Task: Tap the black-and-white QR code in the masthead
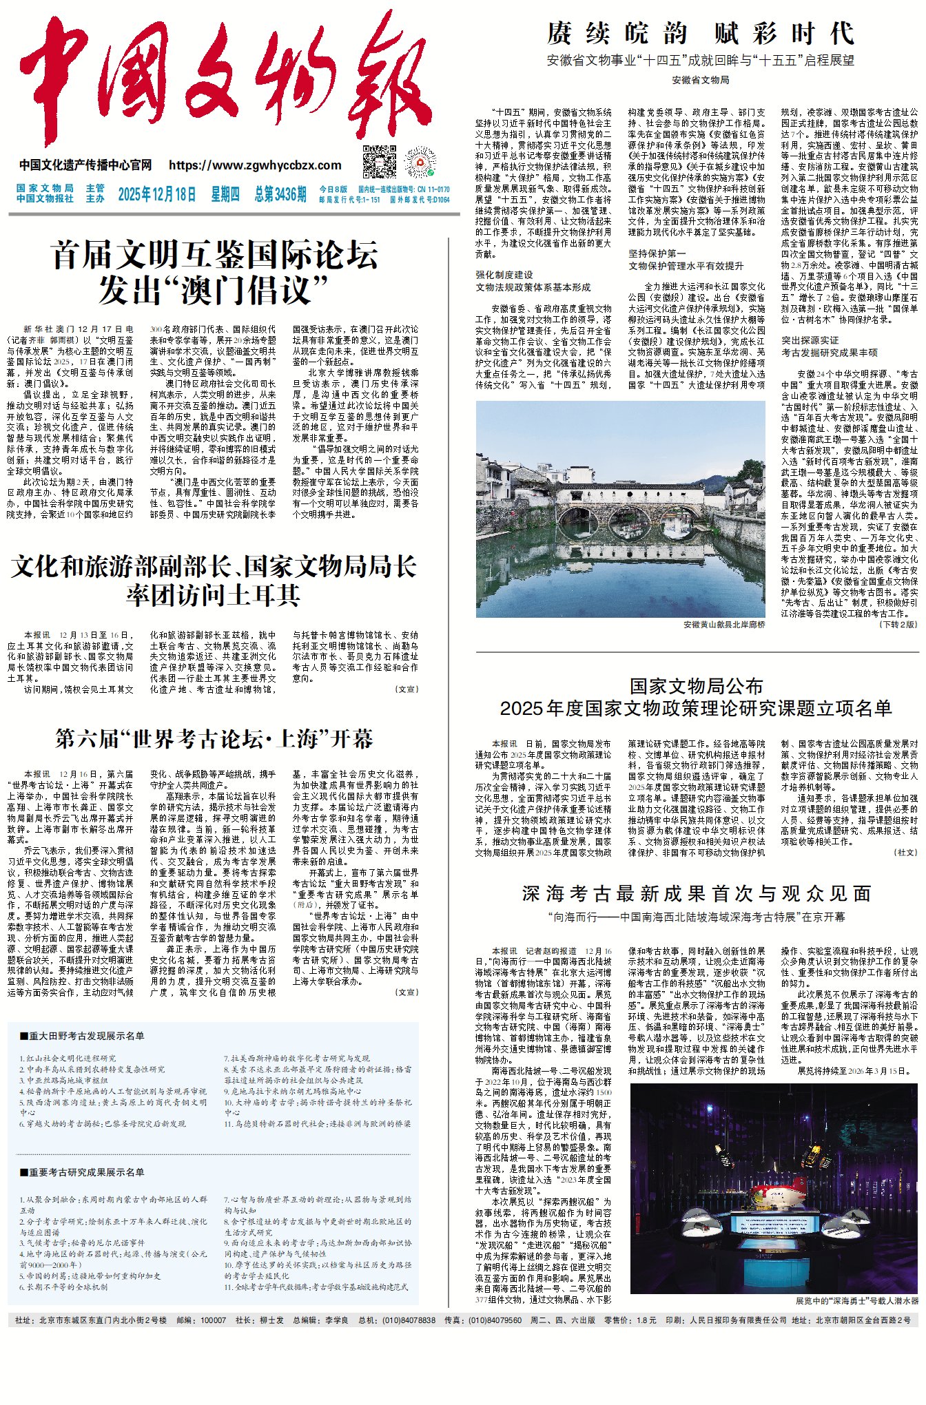[x=380, y=161]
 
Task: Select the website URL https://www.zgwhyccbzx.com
[x=255, y=165]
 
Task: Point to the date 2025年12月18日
[x=156, y=194]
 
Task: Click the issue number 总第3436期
[x=280, y=194]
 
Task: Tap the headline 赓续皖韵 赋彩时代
[x=700, y=33]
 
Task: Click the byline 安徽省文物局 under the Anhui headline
[x=700, y=80]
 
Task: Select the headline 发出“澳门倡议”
[x=214, y=290]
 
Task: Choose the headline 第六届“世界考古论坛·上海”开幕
[x=214, y=739]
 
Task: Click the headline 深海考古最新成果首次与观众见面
[x=696, y=893]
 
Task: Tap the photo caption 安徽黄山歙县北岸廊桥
[x=723, y=624]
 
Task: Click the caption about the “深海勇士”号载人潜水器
[x=856, y=1301]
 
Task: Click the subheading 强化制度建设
[x=504, y=275]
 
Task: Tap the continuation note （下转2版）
[x=897, y=624]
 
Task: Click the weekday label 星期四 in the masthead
[x=225, y=194]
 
